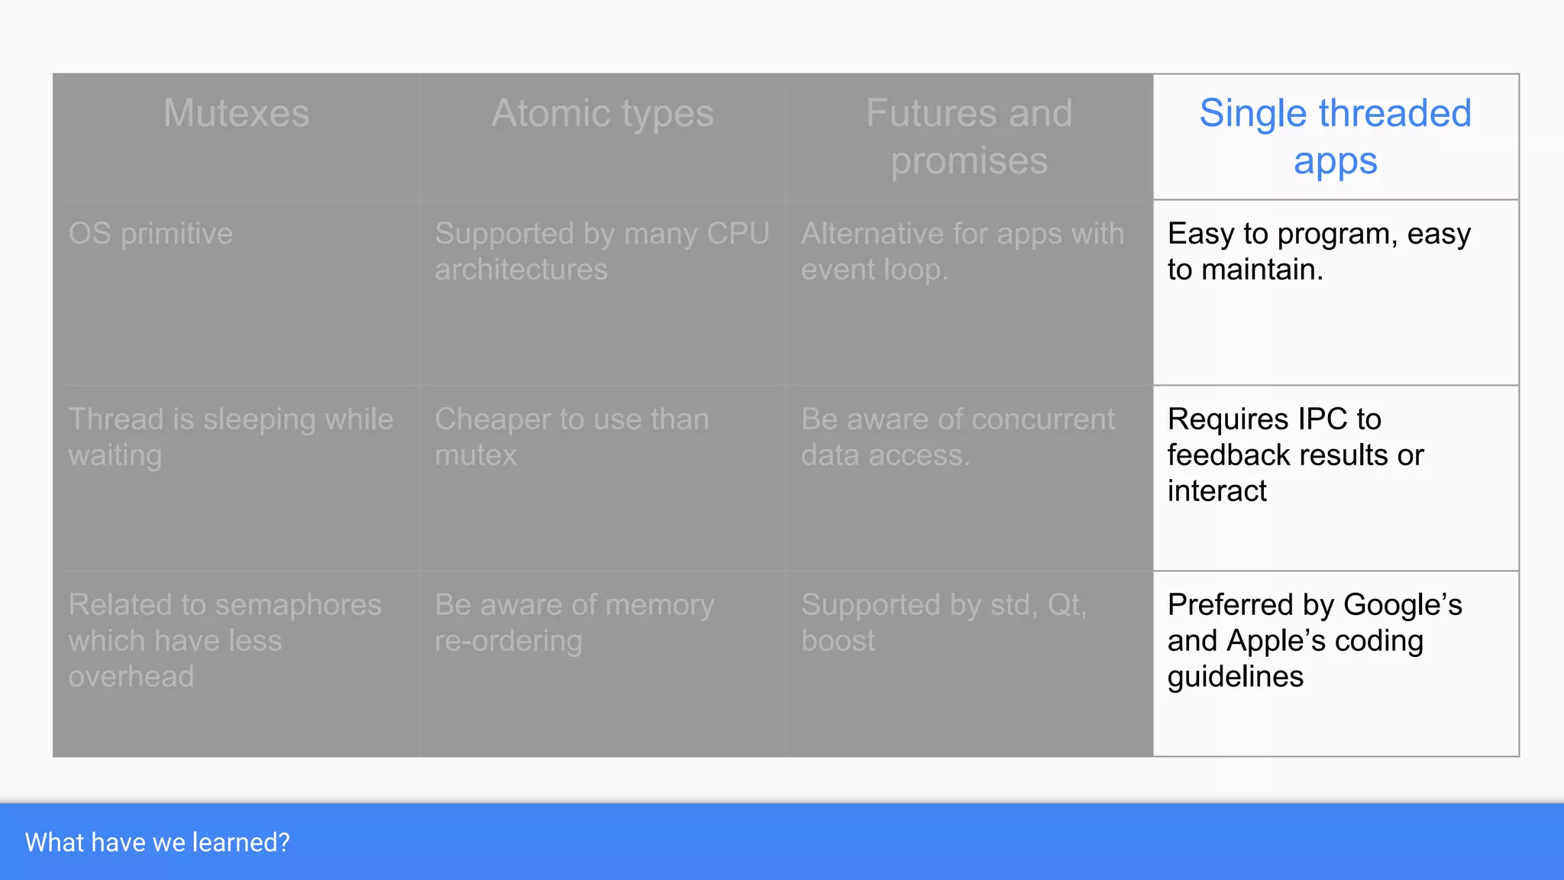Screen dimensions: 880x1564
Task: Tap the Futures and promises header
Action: point(969,137)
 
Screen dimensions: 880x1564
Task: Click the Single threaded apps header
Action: point(1335,137)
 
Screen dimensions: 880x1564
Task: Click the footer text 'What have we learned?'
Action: point(157,843)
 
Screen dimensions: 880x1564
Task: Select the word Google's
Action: point(1402,605)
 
